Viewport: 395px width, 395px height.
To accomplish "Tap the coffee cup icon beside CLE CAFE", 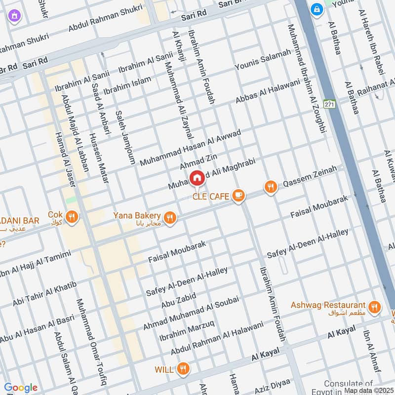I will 238,196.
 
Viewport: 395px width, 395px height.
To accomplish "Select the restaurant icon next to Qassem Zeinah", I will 270,187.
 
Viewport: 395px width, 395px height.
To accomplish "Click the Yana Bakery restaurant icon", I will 170,217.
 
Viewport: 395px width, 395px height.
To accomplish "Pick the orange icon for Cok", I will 72,217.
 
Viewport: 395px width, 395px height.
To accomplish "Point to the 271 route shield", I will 329,104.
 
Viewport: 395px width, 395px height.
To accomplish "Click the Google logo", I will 21,387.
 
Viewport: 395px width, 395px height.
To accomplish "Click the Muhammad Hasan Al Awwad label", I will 190,148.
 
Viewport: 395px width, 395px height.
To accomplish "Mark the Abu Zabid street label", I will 178,301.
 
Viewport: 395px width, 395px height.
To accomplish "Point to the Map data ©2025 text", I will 368,390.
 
